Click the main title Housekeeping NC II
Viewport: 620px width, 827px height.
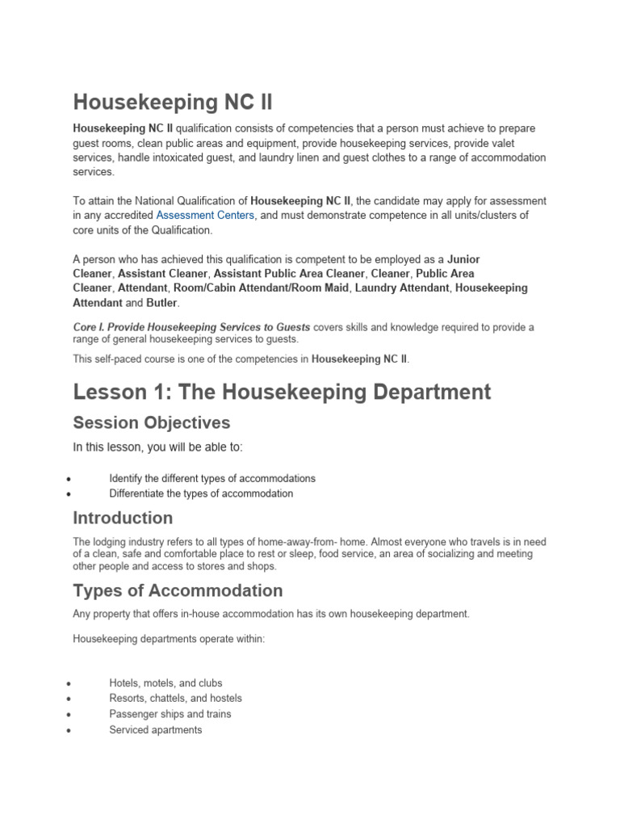click(x=173, y=103)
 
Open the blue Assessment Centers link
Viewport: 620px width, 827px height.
click(x=205, y=215)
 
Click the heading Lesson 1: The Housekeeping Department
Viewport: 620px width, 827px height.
click(x=282, y=392)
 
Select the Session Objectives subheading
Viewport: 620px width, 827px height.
click(x=151, y=422)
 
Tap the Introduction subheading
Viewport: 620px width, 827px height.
click(x=123, y=518)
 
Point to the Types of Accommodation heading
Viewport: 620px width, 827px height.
click(x=178, y=590)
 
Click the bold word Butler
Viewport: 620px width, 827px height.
click(x=162, y=303)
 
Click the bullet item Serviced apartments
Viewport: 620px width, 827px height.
click(x=156, y=730)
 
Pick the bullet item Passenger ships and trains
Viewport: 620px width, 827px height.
click(x=170, y=714)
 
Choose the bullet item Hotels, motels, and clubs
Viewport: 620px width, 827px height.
click(x=165, y=682)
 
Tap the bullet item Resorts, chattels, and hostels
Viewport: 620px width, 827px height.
click(x=175, y=698)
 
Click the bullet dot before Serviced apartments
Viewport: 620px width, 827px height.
click(x=70, y=731)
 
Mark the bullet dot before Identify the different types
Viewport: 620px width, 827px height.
click(x=70, y=479)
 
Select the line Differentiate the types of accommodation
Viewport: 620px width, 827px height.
click(x=201, y=493)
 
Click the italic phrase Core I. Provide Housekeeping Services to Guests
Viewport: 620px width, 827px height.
click(x=191, y=327)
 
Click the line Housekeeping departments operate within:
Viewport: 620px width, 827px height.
click(x=168, y=638)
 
